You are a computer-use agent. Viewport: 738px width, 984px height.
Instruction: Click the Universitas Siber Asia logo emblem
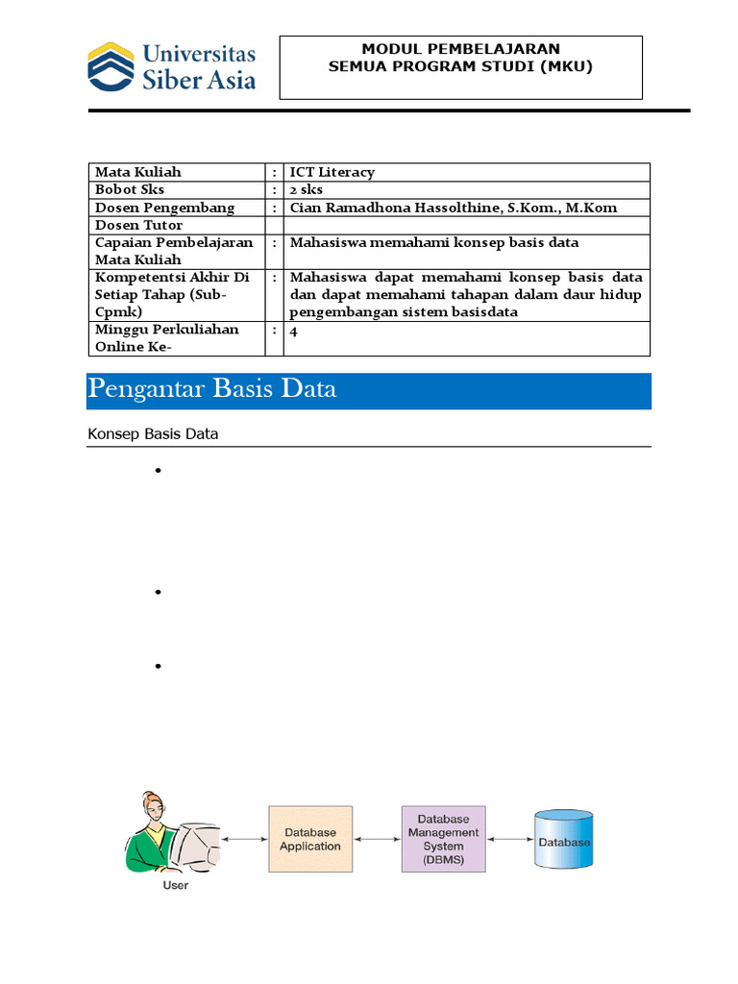pos(111,66)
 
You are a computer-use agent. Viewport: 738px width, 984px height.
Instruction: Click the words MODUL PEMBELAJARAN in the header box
pos(460,49)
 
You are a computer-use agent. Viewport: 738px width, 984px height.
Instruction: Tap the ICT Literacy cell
pos(332,172)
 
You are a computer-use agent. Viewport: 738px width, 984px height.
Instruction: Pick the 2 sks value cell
pos(307,190)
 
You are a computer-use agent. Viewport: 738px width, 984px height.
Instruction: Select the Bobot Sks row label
pos(130,190)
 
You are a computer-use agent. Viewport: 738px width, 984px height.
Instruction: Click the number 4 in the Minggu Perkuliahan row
pos(294,330)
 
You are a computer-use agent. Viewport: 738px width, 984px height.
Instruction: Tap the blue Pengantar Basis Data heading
pos(212,390)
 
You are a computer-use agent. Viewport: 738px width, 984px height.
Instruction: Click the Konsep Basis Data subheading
pos(153,434)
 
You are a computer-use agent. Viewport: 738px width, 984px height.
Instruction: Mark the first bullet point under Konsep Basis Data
pos(156,471)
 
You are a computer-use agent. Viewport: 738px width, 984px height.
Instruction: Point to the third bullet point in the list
pos(156,666)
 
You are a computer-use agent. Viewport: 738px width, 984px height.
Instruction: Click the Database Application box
pos(309,839)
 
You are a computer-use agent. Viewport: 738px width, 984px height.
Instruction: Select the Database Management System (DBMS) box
pos(443,839)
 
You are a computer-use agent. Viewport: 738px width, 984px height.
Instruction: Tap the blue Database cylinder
pos(564,840)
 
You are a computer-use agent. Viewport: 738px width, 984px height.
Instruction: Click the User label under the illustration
pos(176,885)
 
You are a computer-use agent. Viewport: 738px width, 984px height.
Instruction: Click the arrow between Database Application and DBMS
pos(377,839)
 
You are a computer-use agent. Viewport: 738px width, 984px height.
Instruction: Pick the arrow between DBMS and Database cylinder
pos(509,839)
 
